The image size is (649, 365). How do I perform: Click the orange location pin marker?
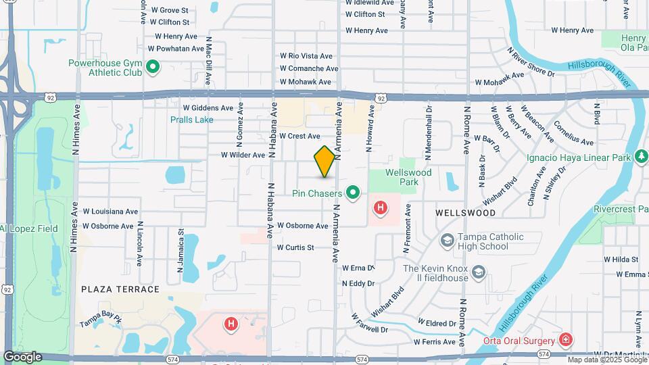click(x=324, y=162)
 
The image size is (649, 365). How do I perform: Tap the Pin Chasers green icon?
click(x=352, y=193)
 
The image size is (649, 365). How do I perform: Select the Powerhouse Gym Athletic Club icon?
click(x=153, y=67)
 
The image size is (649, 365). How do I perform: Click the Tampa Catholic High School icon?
click(x=446, y=241)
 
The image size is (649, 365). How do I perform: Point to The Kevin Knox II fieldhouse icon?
click(x=479, y=272)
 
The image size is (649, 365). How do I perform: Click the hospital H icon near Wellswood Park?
click(x=381, y=207)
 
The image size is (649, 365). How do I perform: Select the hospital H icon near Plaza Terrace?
click(x=231, y=324)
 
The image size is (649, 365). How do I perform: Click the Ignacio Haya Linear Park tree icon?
click(x=640, y=157)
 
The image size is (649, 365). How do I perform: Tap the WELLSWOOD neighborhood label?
click(x=465, y=212)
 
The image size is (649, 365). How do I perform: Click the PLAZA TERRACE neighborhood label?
click(x=120, y=289)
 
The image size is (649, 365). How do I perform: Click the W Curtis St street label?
click(x=295, y=247)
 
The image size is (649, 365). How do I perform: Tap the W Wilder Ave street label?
click(x=243, y=155)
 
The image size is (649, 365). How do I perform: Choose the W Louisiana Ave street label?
click(x=110, y=211)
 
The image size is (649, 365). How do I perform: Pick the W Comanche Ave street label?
click(x=310, y=68)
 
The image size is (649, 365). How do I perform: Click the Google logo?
click(x=23, y=356)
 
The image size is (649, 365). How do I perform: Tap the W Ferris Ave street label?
click(x=437, y=342)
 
